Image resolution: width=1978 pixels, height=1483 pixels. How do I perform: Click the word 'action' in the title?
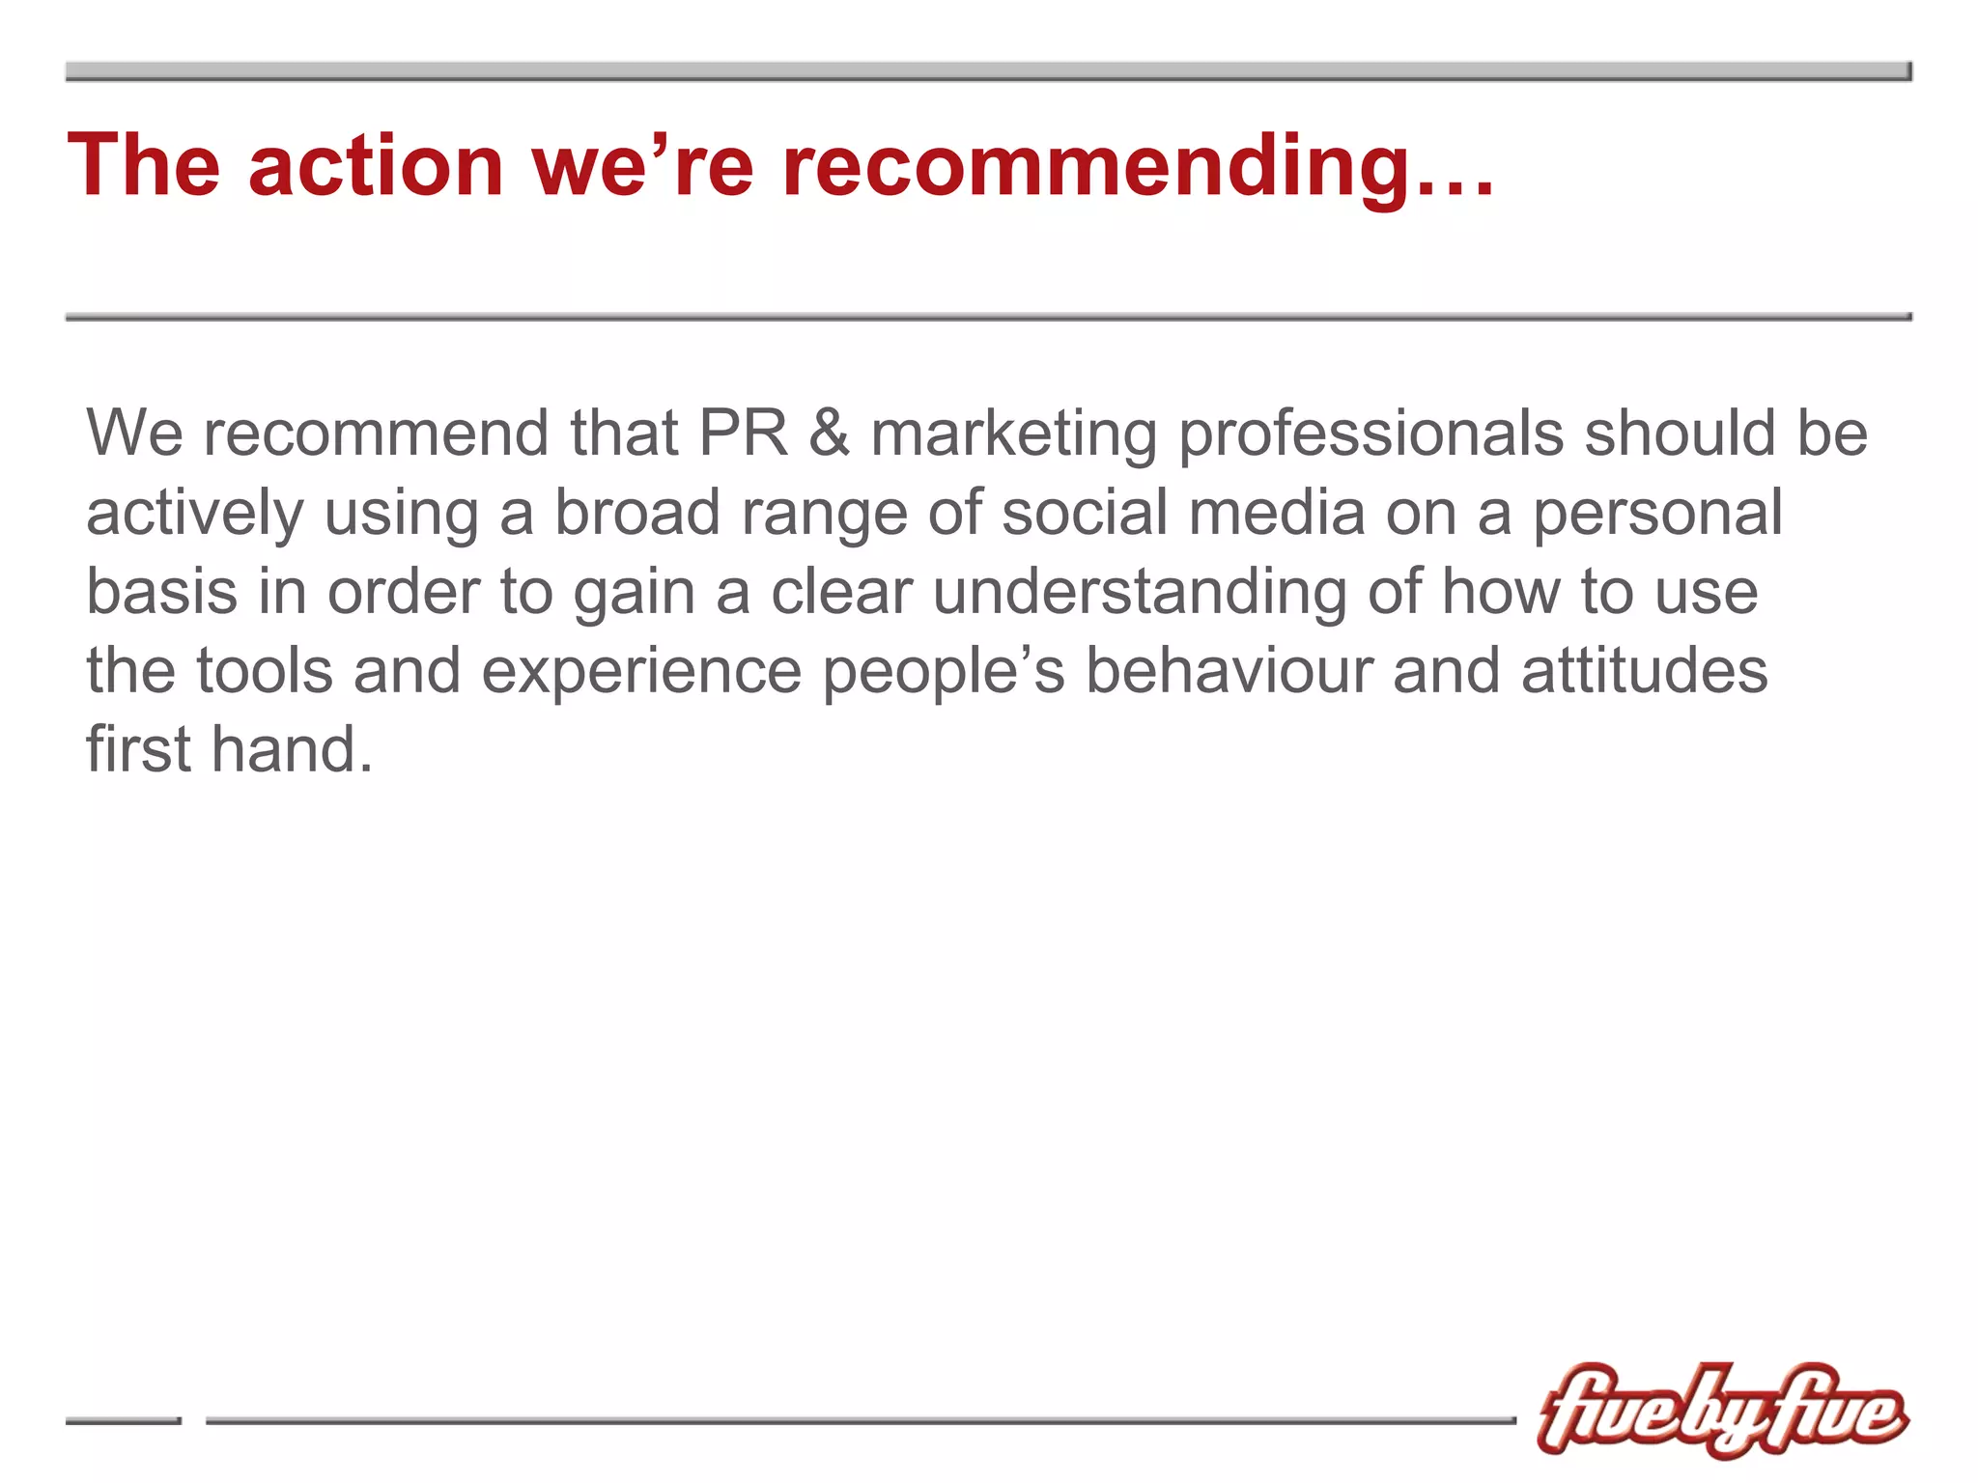(376, 166)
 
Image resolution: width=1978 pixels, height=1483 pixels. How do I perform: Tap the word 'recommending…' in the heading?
(1138, 166)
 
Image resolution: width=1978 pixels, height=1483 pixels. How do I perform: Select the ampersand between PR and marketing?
(829, 433)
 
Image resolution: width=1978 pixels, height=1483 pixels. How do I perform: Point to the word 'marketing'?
(1013, 434)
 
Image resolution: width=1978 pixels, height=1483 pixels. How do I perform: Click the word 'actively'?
(194, 514)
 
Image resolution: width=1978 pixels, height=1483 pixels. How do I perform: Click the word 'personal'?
(1657, 514)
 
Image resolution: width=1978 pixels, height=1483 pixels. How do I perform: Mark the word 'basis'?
(161, 591)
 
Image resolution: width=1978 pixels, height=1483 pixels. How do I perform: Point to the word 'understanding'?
(1140, 593)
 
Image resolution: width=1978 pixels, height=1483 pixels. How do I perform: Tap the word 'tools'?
(265, 670)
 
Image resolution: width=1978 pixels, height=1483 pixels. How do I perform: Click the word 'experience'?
(641, 672)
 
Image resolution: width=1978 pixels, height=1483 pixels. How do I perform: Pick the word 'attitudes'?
(1644, 670)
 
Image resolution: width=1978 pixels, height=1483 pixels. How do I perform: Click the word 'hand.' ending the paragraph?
(292, 749)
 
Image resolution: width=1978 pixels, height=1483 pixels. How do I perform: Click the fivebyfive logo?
(1721, 1410)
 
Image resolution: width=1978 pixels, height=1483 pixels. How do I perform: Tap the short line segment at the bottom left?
(123, 1420)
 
